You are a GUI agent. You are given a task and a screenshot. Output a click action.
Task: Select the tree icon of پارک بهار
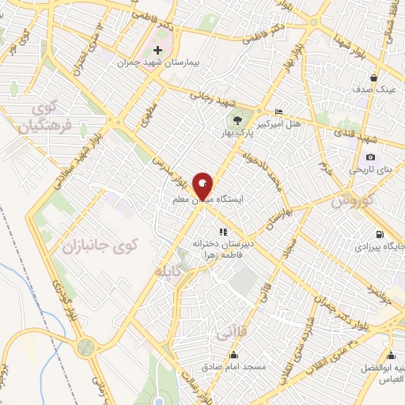pos(238,120)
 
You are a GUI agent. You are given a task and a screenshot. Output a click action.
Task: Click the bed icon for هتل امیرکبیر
pos(277,112)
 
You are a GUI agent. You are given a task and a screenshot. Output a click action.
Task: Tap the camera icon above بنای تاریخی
pos(370,157)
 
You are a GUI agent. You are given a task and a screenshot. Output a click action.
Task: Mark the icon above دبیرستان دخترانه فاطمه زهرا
pos(223,232)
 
